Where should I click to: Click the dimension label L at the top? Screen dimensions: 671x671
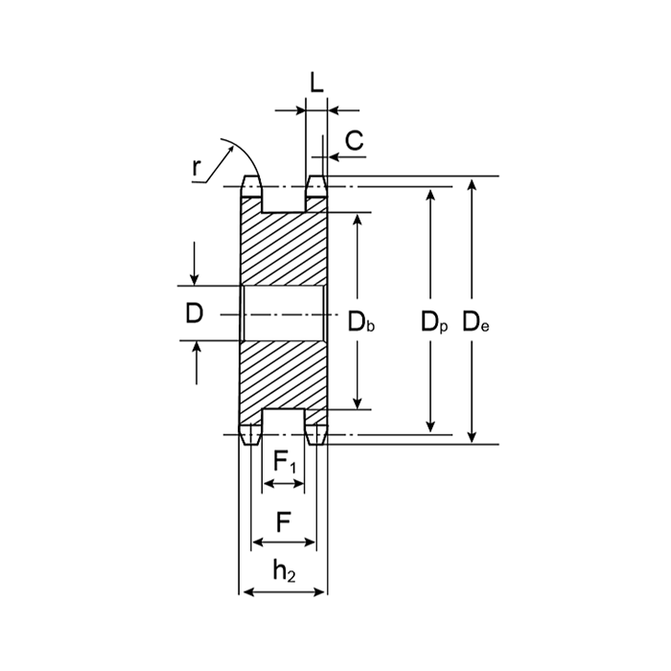click(316, 82)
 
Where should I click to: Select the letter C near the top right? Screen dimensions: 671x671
click(355, 140)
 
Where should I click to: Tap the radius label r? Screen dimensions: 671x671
click(196, 168)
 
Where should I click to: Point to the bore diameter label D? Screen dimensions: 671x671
click(195, 313)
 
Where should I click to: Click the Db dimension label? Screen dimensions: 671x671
click(361, 322)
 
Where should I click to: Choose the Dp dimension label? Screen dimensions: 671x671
click(434, 322)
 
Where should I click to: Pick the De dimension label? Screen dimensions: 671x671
click(475, 322)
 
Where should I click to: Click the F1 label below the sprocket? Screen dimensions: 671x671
click(285, 462)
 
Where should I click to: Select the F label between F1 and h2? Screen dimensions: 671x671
click(284, 522)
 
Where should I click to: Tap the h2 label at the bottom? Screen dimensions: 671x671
click(284, 571)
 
